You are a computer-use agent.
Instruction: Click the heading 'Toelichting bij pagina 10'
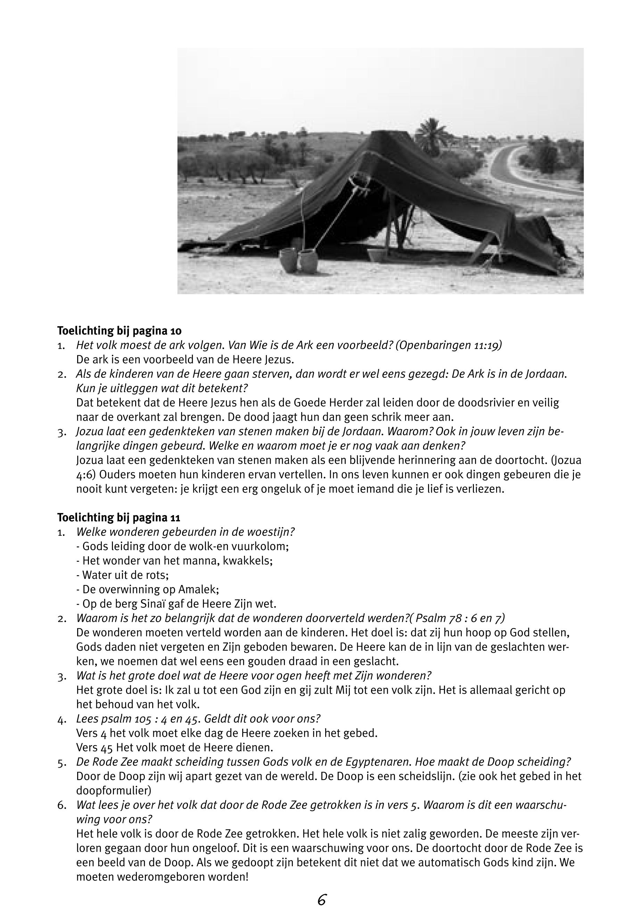[119, 331]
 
